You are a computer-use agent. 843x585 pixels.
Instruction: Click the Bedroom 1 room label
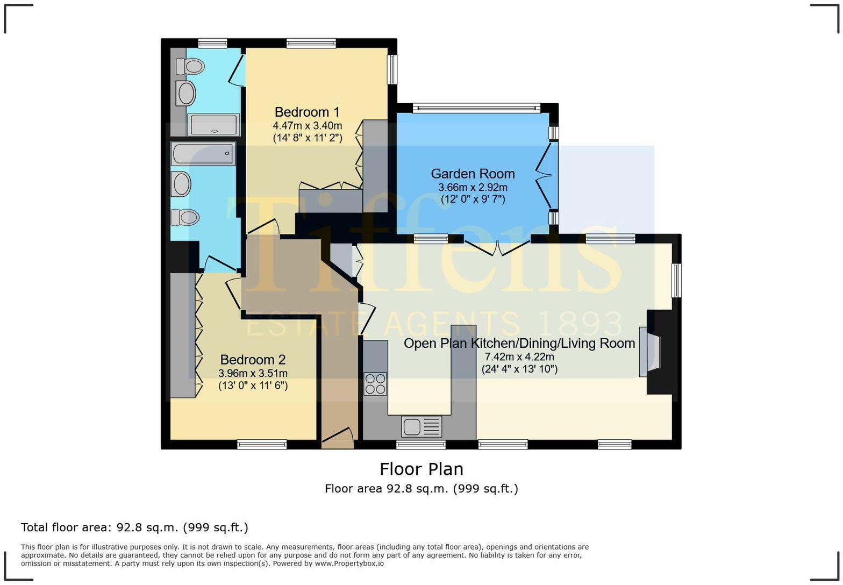307,112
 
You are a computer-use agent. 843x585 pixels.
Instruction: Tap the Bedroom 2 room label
253,360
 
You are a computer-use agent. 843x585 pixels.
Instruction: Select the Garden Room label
473,174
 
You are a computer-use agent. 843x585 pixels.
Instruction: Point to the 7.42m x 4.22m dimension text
519,356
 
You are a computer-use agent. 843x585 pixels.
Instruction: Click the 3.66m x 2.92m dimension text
473,188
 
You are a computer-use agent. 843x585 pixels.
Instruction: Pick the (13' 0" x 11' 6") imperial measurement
253,386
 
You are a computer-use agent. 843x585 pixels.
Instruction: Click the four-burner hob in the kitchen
375,384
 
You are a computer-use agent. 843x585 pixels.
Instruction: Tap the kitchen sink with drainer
421,427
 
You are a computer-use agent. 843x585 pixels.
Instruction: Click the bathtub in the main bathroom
203,153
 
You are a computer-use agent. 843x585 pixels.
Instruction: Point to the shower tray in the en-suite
214,125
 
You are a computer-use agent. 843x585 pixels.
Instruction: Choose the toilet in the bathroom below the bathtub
185,218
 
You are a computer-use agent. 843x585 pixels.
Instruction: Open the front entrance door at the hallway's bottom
338,438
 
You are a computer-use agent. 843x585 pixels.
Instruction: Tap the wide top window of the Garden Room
476,108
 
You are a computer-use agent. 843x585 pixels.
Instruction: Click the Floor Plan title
421,469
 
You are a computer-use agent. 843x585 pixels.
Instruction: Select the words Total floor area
66,527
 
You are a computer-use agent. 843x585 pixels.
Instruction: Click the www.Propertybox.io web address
349,563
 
